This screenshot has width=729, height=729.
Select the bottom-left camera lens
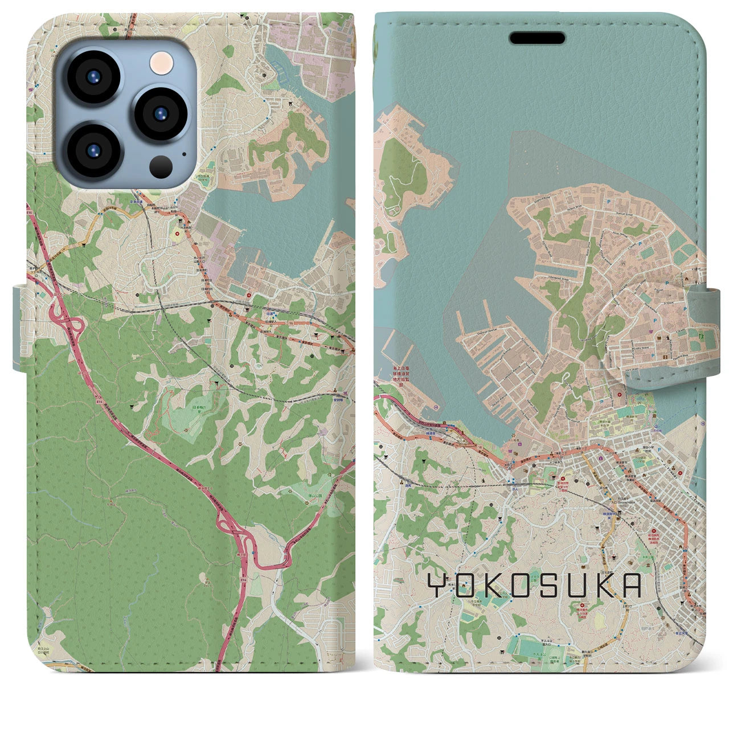coord(93,151)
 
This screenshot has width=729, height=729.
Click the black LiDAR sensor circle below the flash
coord(162,166)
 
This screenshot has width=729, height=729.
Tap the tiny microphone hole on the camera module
coord(183,153)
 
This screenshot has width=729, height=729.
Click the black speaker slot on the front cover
coord(537,38)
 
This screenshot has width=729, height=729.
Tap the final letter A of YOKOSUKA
coord(629,585)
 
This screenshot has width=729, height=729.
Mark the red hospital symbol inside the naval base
coord(620,394)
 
